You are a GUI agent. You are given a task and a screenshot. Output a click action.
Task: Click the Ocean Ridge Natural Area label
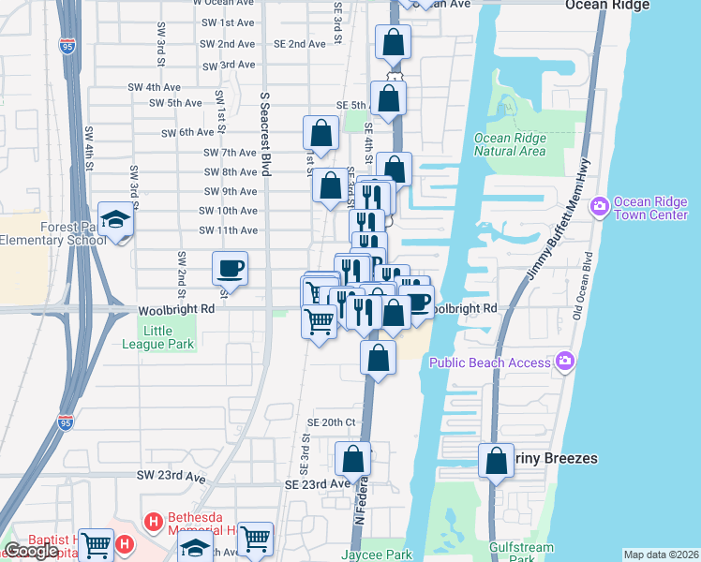[x=510, y=143]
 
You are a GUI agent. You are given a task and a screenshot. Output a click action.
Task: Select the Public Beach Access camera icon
[x=564, y=362]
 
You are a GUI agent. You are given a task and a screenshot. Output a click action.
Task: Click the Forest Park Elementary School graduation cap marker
[x=116, y=219]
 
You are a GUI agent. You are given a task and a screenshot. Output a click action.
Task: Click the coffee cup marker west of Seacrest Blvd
[x=231, y=270]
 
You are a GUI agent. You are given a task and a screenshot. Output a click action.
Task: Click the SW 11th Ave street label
[x=228, y=230]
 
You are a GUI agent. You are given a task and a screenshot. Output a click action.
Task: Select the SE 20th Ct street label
[x=332, y=422]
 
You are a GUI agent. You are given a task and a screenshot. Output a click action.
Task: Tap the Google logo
[x=32, y=552]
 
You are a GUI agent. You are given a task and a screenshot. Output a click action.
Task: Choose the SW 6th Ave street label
[x=188, y=133]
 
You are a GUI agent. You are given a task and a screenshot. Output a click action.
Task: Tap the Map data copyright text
[x=660, y=555]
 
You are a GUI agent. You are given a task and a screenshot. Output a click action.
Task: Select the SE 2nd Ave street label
[x=299, y=44]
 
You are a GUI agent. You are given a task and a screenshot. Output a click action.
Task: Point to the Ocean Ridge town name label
[x=609, y=6]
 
